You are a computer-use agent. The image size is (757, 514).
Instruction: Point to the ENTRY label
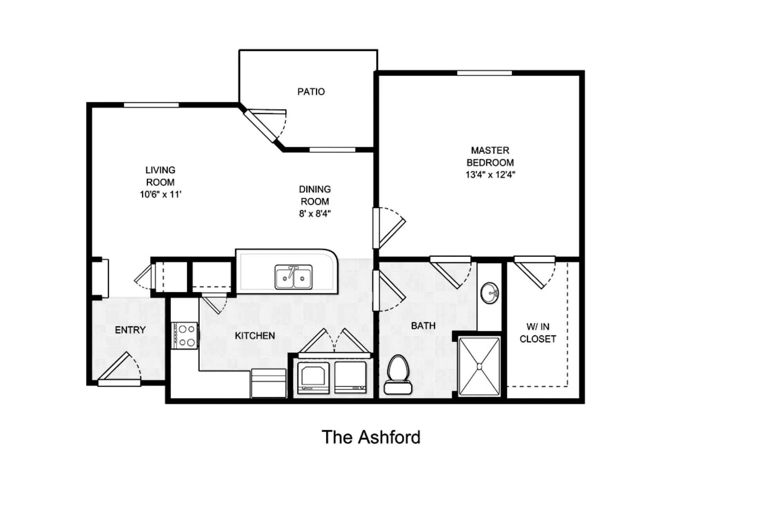pos(131,330)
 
